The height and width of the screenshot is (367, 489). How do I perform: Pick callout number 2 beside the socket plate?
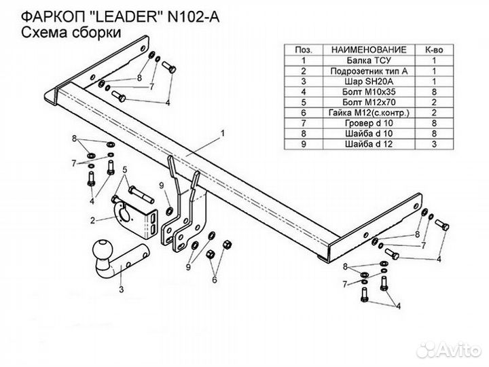(x=92, y=220)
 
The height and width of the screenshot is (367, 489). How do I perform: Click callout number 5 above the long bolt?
(x=125, y=169)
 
